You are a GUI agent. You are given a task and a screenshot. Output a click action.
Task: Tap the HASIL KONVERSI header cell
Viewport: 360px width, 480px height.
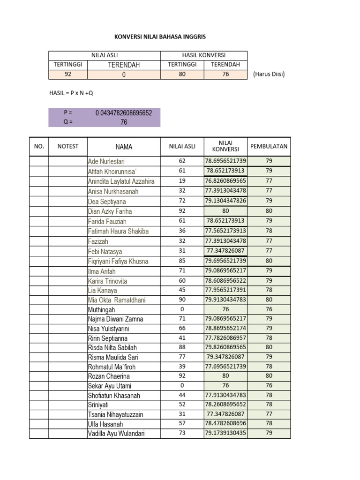tap(204, 55)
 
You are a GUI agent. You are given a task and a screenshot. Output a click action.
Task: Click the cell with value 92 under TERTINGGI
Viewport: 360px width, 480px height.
tap(68, 75)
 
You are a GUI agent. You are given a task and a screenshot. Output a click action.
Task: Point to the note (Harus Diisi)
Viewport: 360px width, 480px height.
tap(269, 75)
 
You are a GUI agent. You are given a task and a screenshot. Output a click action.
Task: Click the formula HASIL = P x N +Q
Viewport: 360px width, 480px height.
tap(71, 93)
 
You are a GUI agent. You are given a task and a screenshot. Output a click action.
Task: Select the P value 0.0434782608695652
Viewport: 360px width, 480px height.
tap(124, 113)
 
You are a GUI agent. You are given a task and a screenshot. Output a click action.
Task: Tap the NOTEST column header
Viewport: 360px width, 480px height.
tap(68, 147)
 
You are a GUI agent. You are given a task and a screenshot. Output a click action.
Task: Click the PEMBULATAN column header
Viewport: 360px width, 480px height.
tap(269, 147)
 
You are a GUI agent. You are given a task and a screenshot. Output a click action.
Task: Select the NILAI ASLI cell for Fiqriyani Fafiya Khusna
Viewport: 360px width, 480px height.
tap(182, 261)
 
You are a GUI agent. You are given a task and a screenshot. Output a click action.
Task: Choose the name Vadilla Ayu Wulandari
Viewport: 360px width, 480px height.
tap(116, 434)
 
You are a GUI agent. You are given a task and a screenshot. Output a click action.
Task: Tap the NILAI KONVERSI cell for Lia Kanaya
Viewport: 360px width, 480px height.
tap(225, 290)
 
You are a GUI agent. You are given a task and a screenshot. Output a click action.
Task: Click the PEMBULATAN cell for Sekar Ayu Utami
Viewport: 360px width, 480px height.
tap(269, 386)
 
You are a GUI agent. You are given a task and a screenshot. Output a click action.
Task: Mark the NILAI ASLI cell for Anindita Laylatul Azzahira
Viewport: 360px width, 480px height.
tap(182, 181)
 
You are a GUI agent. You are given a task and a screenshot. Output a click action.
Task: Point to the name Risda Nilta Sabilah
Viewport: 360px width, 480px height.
tap(113, 348)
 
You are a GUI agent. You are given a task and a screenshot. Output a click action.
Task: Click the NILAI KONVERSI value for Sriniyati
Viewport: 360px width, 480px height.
tap(225, 405)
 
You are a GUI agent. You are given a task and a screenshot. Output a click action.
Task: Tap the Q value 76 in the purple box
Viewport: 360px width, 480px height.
tap(124, 122)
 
